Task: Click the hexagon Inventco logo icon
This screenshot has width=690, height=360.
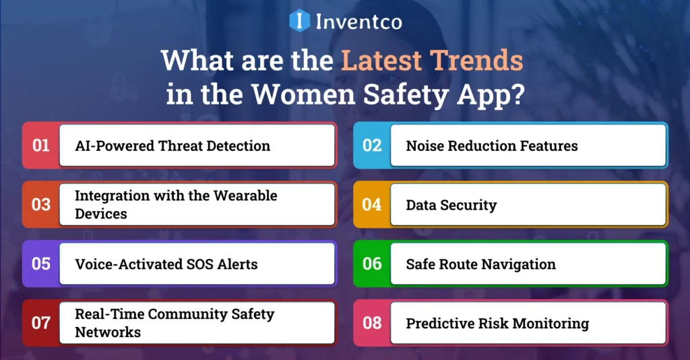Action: pos(299,20)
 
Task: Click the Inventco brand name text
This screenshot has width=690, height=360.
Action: pos(358,22)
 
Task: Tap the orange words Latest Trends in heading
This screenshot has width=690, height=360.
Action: pos(432,61)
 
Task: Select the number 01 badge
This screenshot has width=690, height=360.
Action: pos(41,145)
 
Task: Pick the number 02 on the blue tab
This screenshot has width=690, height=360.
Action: pos(372,145)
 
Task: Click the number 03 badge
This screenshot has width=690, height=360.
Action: pos(41,204)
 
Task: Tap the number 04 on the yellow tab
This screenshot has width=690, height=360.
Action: pos(372,204)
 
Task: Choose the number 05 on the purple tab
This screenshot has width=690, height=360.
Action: pos(41,264)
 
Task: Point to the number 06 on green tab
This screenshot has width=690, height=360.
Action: pos(372,264)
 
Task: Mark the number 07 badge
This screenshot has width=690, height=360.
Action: pos(41,323)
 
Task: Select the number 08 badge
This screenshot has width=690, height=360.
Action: pos(372,323)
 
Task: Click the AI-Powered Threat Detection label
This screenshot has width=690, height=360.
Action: pos(172,146)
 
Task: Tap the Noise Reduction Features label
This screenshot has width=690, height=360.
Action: pos(491,146)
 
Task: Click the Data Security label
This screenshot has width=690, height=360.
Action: pos(451,205)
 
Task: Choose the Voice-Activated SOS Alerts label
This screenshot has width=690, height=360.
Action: pos(166,264)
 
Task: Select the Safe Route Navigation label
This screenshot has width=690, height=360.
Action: pos(480,264)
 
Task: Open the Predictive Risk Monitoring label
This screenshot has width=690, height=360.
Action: pos(497,324)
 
